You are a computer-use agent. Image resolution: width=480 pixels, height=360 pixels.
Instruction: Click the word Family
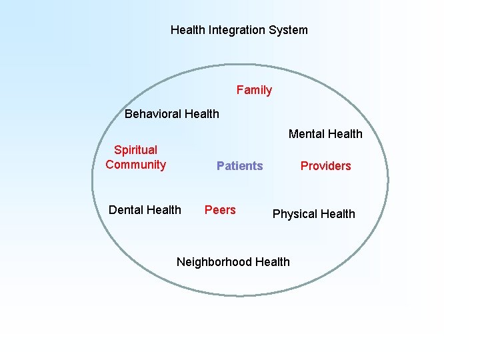coord(254,90)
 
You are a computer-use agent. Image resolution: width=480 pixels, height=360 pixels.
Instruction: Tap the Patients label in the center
coord(239,166)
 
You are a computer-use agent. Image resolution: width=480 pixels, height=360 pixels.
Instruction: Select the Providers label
coord(325,166)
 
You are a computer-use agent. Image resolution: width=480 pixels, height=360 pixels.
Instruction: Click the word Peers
coord(220,210)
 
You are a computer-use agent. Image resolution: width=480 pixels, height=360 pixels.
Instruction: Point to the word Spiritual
coord(135,150)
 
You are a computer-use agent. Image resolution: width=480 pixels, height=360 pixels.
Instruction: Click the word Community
coord(135,165)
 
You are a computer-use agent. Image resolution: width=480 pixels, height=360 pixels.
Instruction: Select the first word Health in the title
coord(187,30)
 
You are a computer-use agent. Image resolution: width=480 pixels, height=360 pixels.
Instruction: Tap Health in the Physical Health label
coord(338,214)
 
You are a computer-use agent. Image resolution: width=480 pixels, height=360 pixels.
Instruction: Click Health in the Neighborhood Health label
coord(273,262)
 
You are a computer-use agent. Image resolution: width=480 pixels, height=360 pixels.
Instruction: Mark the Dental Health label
coord(145,210)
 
